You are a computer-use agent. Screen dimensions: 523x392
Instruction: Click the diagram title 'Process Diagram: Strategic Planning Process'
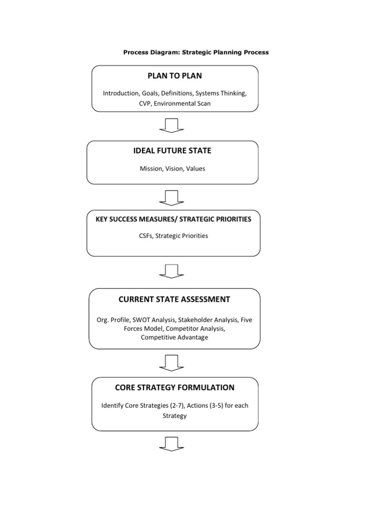click(x=196, y=52)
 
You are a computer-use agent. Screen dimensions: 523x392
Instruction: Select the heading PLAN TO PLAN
click(x=175, y=76)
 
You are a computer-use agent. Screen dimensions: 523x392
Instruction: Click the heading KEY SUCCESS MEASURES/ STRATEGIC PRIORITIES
click(x=174, y=219)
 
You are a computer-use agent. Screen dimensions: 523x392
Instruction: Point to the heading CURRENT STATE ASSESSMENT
click(x=175, y=299)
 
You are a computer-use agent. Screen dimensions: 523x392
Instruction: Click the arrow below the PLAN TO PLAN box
click(x=171, y=125)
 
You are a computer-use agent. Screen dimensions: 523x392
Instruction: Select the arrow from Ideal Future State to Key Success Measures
click(x=171, y=197)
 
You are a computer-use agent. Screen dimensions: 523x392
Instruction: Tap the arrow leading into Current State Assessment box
click(x=171, y=271)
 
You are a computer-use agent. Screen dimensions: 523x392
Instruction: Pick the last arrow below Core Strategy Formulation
click(x=171, y=443)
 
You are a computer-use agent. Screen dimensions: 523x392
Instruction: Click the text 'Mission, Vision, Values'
click(x=172, y=169)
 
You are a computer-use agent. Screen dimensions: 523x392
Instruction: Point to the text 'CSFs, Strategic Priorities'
click(x=174, y=236)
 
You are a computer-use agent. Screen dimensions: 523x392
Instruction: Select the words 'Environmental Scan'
click(x=185, y=103)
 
